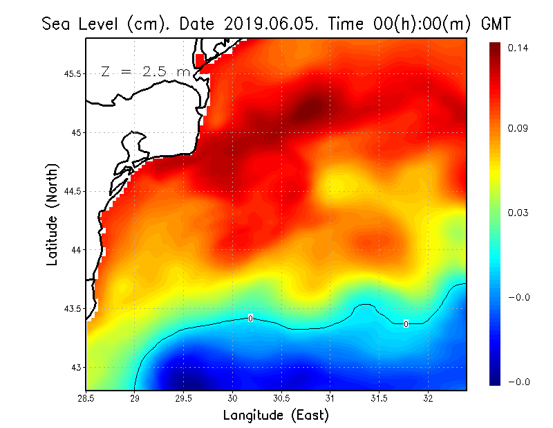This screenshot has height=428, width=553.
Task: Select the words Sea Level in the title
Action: [80, 24]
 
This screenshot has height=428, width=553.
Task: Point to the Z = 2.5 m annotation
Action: [144, 72]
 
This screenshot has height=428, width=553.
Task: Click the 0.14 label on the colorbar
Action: [518, 48]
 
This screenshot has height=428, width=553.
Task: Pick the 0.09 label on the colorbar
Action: [518, 128]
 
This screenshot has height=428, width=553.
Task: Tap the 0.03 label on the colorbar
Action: [518, 213]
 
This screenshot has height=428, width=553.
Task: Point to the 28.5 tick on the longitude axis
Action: [86, 398]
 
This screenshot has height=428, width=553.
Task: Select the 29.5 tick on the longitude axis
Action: [184, 398]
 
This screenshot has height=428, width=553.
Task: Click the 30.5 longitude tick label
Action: [281, 398]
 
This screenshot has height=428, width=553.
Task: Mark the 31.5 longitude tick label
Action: [379, 398]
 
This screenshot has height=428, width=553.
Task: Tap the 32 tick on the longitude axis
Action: [428, 398]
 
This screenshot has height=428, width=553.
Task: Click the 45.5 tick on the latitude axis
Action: [73, 74]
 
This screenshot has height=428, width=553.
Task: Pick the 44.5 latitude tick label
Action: [73, 191]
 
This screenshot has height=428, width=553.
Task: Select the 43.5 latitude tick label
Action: [73, 308]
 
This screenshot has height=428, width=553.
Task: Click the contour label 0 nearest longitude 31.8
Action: [406, 323]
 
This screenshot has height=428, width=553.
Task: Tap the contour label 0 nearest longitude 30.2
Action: [250, 318]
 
